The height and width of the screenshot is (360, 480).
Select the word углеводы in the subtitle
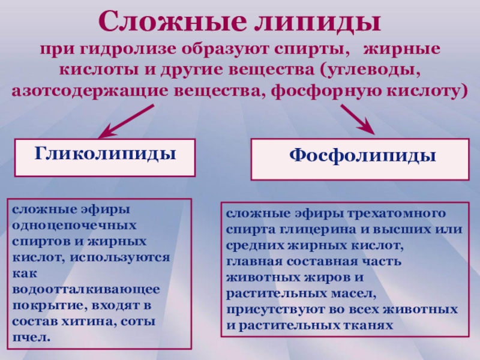[x=371, y=70]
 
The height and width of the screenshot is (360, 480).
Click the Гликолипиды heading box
[x=104, y=158]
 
